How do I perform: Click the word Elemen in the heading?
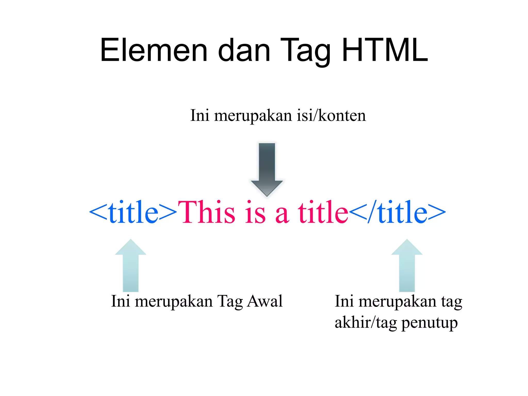tap(154, 50)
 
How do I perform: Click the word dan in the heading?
tap(244, 50)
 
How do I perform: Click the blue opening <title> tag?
tap(133, 212)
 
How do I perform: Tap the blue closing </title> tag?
tap(397, 212)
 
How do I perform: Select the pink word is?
tap(255, 212)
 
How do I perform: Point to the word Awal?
tap(265, 301)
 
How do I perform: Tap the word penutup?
tap(430, 323)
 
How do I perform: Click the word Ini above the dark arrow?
tap(200, 115)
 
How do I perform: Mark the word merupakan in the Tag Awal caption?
tap(174, 301)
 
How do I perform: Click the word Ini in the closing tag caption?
tap(344, 301)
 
